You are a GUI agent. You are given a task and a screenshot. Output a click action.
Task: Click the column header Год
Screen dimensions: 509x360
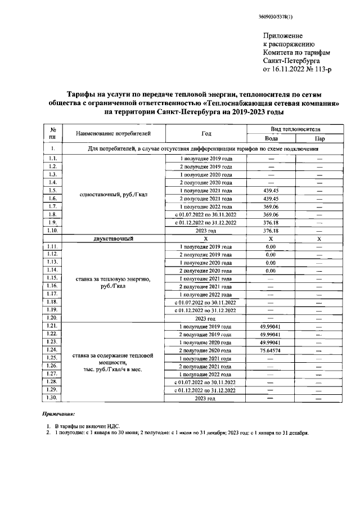point(206,133)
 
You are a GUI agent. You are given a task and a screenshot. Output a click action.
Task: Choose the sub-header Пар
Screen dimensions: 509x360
point(319,138)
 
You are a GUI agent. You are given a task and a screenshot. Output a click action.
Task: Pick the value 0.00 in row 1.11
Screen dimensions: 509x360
point(271,246)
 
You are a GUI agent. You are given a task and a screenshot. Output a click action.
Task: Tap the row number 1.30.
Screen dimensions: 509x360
point(52,398)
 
